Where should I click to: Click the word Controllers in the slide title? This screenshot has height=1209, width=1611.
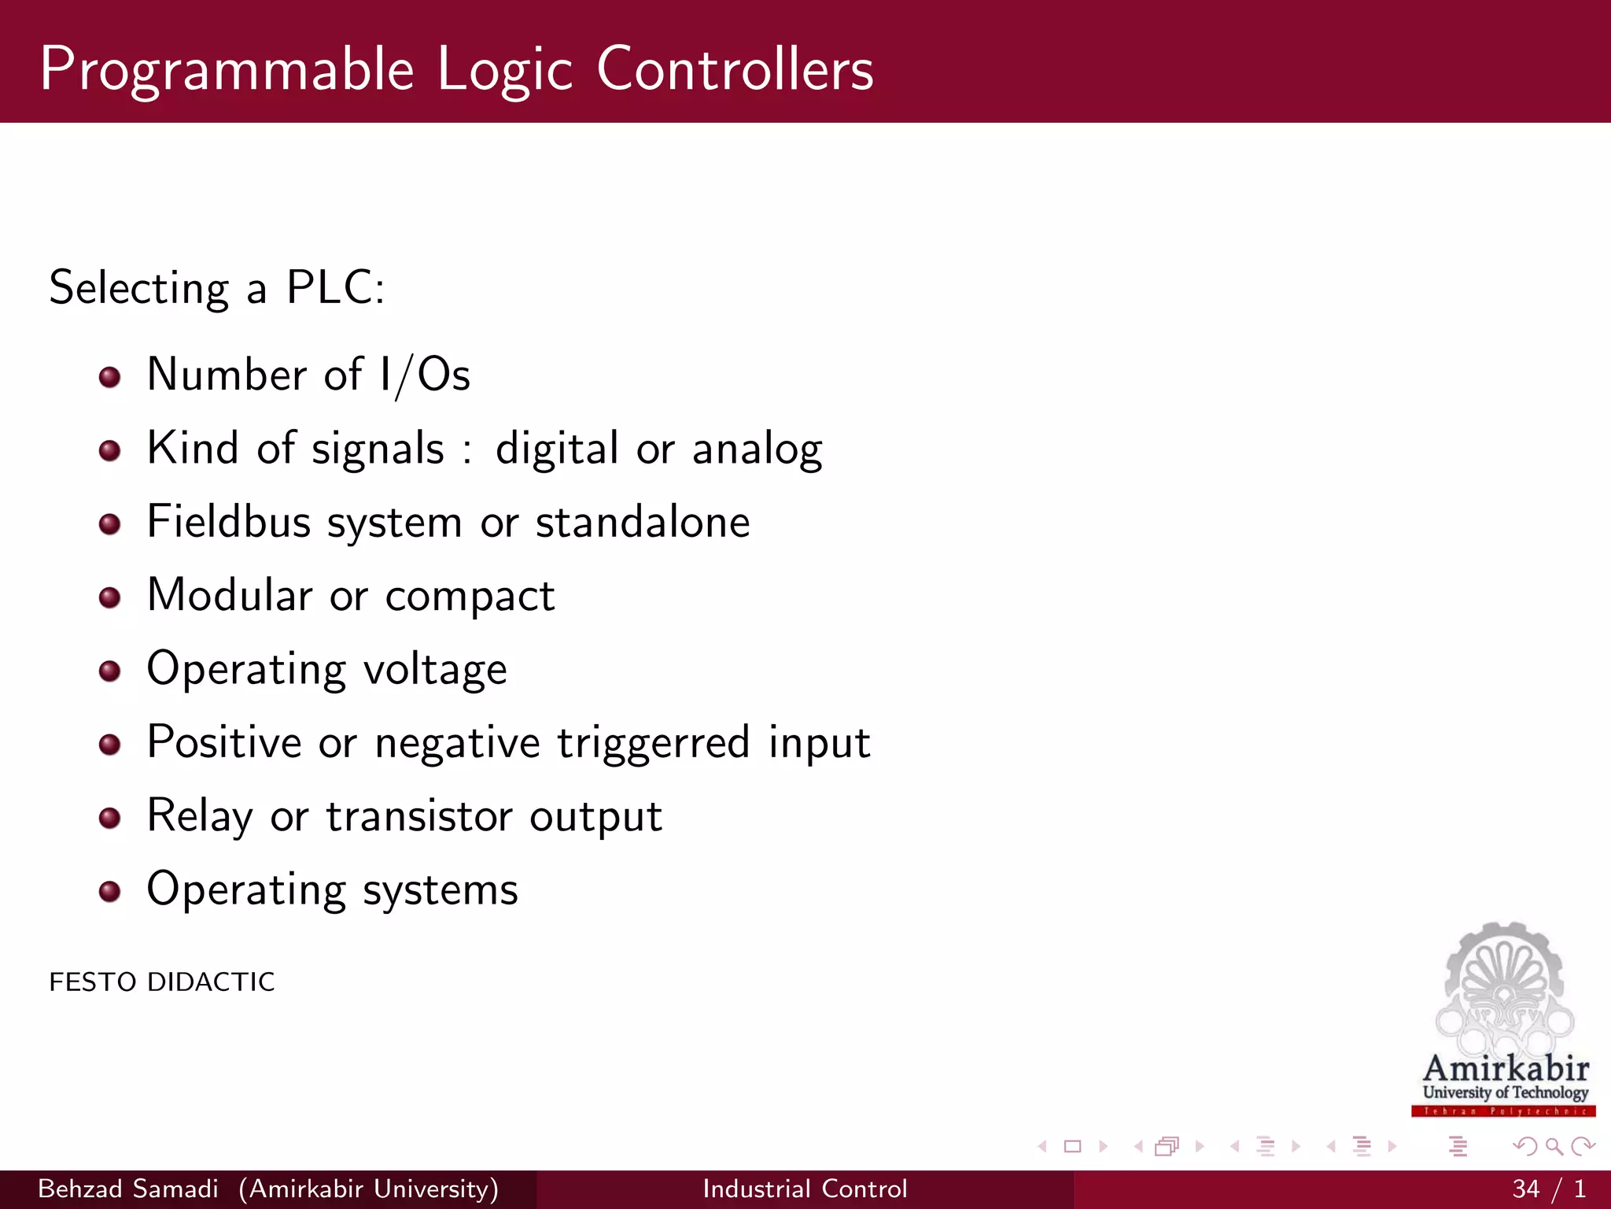click(x=735, y=69)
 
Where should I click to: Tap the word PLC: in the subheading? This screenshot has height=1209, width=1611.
click(x=335, y=287)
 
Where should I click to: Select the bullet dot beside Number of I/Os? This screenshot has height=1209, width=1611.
click(x=110, y=377)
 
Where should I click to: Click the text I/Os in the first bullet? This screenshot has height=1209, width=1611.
click(x=424, y=375)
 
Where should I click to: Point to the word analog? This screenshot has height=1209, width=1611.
click(x=757, y=449)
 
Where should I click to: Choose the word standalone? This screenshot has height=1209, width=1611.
click(x=643, y=522)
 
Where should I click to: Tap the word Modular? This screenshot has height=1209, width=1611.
click(x=230, y=595)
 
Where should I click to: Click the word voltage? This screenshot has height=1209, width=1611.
click(x=435, y=670)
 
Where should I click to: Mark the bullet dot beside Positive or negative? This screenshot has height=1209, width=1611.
click(x=110, y=745)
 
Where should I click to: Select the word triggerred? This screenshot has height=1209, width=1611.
click(x=653, y=743)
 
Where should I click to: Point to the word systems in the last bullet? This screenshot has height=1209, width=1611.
click(x=441, y=890)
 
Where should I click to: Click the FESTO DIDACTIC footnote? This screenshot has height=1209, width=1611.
click(x=162, y=982)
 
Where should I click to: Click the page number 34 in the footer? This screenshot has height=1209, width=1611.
click(x=1525, y=1189)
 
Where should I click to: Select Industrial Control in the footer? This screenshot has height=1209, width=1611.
click(x=805, y=1189)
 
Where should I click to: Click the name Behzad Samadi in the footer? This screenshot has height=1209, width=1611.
click(x=128, y=1189)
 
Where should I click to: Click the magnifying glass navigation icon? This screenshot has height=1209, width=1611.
click(x=1554, y=1147)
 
